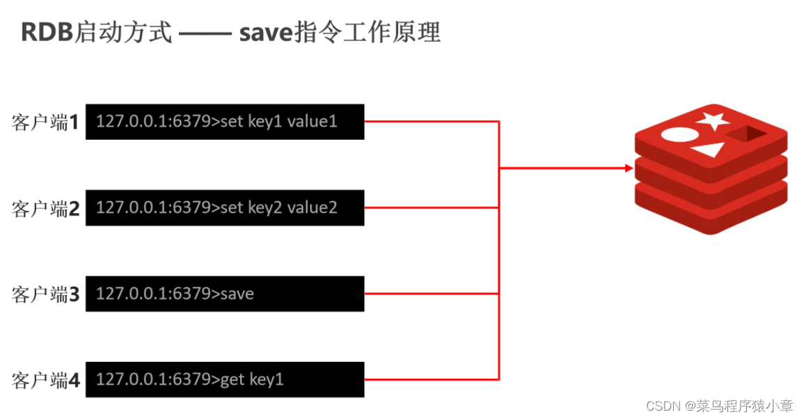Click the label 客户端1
point(45,122)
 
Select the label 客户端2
point(45,208)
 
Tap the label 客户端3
point(45,294)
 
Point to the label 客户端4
point(45,380)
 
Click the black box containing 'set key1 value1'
point(225,122)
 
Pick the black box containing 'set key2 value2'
point(225,207)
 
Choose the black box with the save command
point(225,294)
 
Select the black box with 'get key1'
point(225,379)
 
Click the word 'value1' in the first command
point(312,121)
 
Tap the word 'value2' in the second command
point(312,207)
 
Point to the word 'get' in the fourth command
point(232,381)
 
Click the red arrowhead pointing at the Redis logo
point(629,168)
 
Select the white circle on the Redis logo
point(680,135)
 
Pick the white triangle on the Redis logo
point(709,150)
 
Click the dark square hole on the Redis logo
point(746,134)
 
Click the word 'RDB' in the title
point(47,32)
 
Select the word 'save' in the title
point(266,33)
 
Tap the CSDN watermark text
point(719,406)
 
